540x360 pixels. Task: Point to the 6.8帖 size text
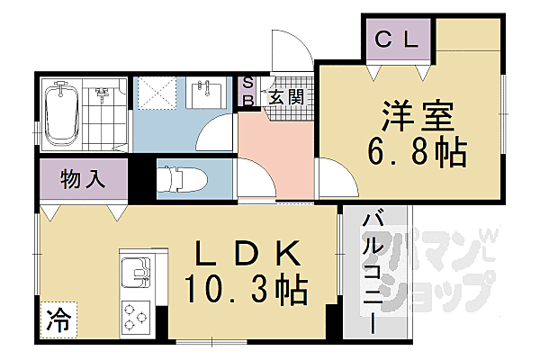416,153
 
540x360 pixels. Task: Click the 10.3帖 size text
245,290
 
